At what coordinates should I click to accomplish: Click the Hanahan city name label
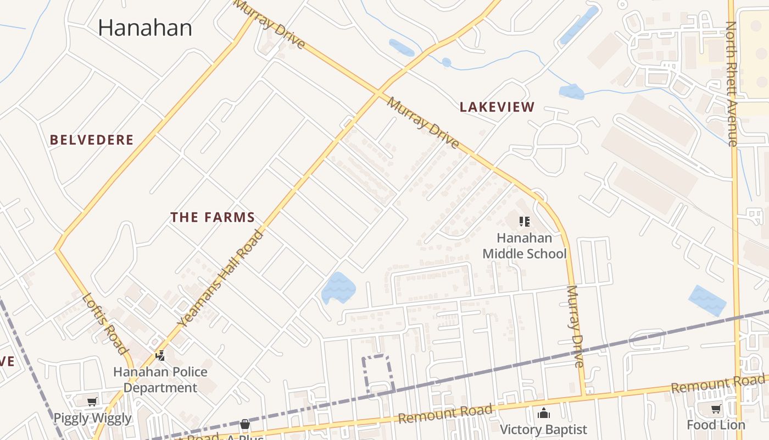click(145, 28)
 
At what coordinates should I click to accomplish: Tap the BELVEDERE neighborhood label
click(92, 140)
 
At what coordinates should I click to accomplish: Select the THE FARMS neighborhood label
click(213, 217)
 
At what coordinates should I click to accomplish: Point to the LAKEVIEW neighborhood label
click(497, 107)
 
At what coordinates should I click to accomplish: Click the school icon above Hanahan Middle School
click(524, 222)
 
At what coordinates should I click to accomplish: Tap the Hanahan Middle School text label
click(524, 246)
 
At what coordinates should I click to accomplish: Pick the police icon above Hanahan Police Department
click(160, 355)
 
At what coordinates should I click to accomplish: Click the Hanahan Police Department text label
click(160, 380)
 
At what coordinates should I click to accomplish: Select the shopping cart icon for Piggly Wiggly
click(92, 402)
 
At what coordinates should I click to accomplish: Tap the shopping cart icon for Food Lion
click(716, 409)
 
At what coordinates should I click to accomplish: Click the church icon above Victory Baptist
click(543, 413)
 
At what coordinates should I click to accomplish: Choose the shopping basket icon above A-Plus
click(245, 424)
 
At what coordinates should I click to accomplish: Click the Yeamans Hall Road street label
click(221, 278)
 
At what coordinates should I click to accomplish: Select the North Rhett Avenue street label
click(731, 84)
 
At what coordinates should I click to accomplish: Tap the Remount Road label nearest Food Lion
click(717, 384)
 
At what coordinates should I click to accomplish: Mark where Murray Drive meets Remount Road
click(584, 395)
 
